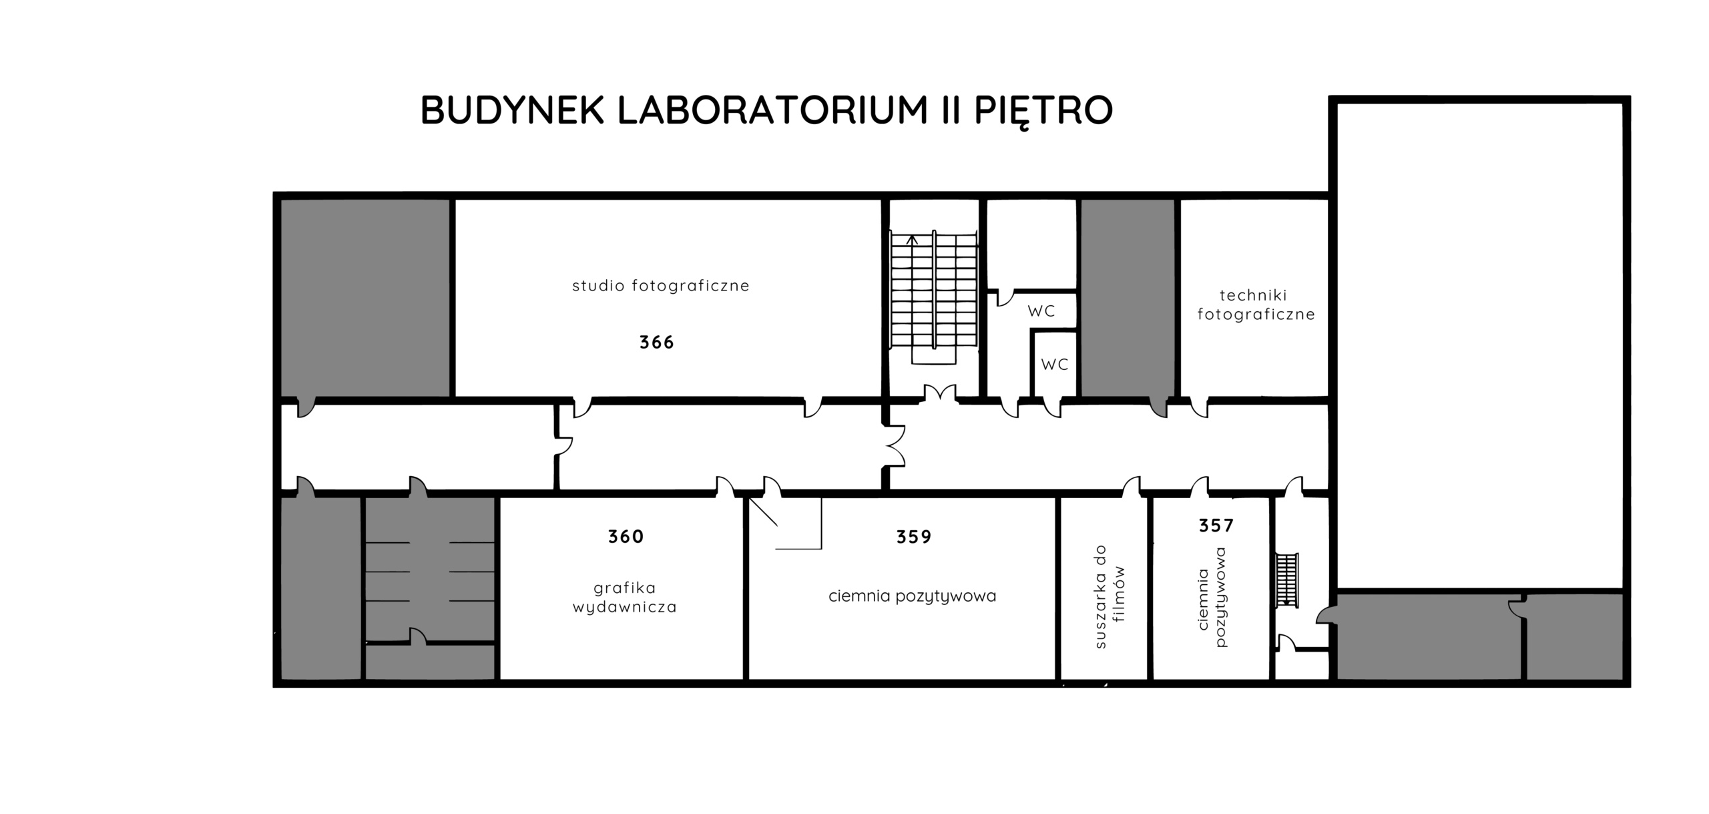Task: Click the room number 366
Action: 656,343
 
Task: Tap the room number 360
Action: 626,536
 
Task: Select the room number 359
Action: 913,536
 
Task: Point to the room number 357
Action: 1216,526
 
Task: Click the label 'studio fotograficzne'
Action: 661,286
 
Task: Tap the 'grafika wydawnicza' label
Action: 625,597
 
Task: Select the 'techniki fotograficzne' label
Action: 1256,304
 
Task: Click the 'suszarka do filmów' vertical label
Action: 1110,596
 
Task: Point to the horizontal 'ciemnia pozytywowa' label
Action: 912,596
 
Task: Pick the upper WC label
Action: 1041,311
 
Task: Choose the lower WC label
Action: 1055,365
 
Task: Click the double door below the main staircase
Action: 940,394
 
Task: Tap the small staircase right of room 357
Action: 1287,580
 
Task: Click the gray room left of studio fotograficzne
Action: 364,298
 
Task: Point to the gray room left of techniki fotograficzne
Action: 1128,298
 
